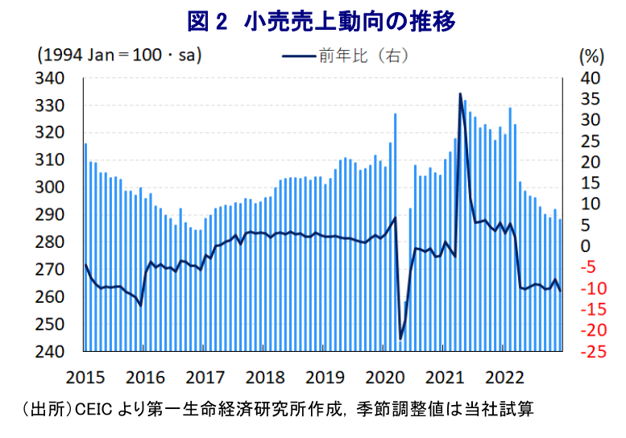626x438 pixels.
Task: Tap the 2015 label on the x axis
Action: coord(82,377)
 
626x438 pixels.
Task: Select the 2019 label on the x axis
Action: coord(326,377)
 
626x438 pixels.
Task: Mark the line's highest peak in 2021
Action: coord(460,94)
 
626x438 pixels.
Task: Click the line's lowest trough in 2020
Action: coord(400,339)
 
